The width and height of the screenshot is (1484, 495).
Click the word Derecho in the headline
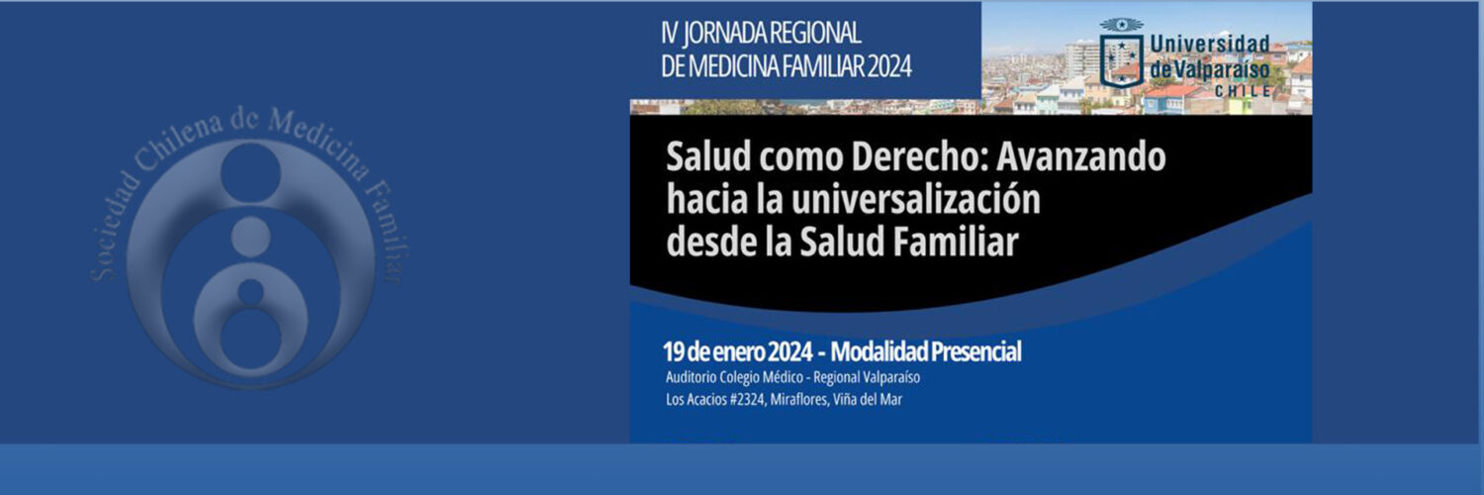click(918, 157)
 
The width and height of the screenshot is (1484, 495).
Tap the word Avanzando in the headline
click(1081, 157)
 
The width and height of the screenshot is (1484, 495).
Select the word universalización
click(915, 199)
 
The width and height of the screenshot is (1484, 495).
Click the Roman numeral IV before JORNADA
click(669, 33)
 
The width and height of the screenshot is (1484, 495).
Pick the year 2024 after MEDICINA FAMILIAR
click(889, 67)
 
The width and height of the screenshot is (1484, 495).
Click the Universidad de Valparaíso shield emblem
click(1121, 53)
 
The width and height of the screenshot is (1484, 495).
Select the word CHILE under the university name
click(1243, 91)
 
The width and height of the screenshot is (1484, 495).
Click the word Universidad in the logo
click(1210, 46)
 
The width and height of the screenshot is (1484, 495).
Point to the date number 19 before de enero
click(673, 351)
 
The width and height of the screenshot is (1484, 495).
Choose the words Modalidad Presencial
click(925, 351)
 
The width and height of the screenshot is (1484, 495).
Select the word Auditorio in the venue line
click(691, 377)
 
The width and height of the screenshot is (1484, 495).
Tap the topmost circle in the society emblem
click(250, 170)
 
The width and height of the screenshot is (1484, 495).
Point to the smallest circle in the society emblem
click(250, 292)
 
